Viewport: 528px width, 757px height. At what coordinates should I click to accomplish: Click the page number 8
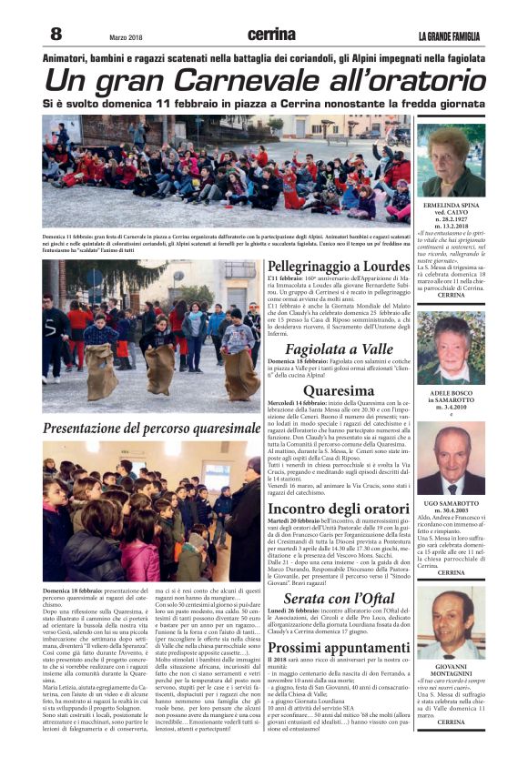point(56,34)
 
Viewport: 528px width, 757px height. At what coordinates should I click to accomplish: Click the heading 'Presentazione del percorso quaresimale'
point(151,427)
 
